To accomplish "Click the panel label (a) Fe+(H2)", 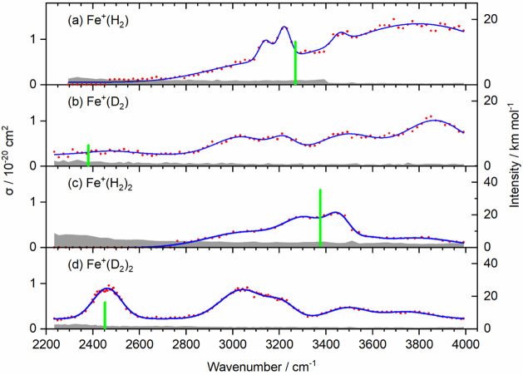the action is [x=98, y=22].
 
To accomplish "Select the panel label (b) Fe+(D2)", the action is [x=98, y=102].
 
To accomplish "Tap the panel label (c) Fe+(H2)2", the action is [x=100, y=184].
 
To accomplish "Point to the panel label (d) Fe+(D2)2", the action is [x=101, y=265].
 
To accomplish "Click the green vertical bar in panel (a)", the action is [x=295, y=62].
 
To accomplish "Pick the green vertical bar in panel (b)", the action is [x=88, y=155].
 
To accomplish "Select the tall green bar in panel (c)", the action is [x=320, y=218].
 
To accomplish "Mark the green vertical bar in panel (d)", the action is [x=105, y=315].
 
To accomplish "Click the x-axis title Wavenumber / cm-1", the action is [x=261, y=367].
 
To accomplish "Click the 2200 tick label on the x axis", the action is [x=46, y=343].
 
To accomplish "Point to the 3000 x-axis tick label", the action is [x=233, y=343].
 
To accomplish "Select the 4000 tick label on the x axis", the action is [x=466, y=343].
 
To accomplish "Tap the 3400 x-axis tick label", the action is [x=326, y=343].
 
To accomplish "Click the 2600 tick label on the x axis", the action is [x=140, y=343].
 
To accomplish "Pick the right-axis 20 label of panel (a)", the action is [x=491, y=19].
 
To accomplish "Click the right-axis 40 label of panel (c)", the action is [x=491, y=182].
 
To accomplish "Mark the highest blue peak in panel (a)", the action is [x=284, y=27].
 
